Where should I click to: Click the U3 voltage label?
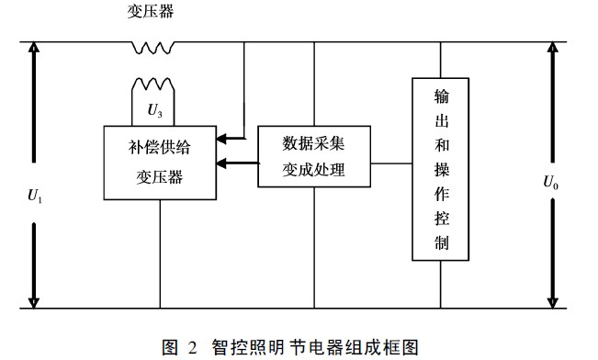[157, 110]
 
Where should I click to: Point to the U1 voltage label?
[36, 195]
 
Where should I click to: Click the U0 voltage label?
[550, 181]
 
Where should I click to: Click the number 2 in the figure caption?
[192, 346]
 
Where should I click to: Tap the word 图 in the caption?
[168, 346]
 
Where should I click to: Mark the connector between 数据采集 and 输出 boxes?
[391, 163]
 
